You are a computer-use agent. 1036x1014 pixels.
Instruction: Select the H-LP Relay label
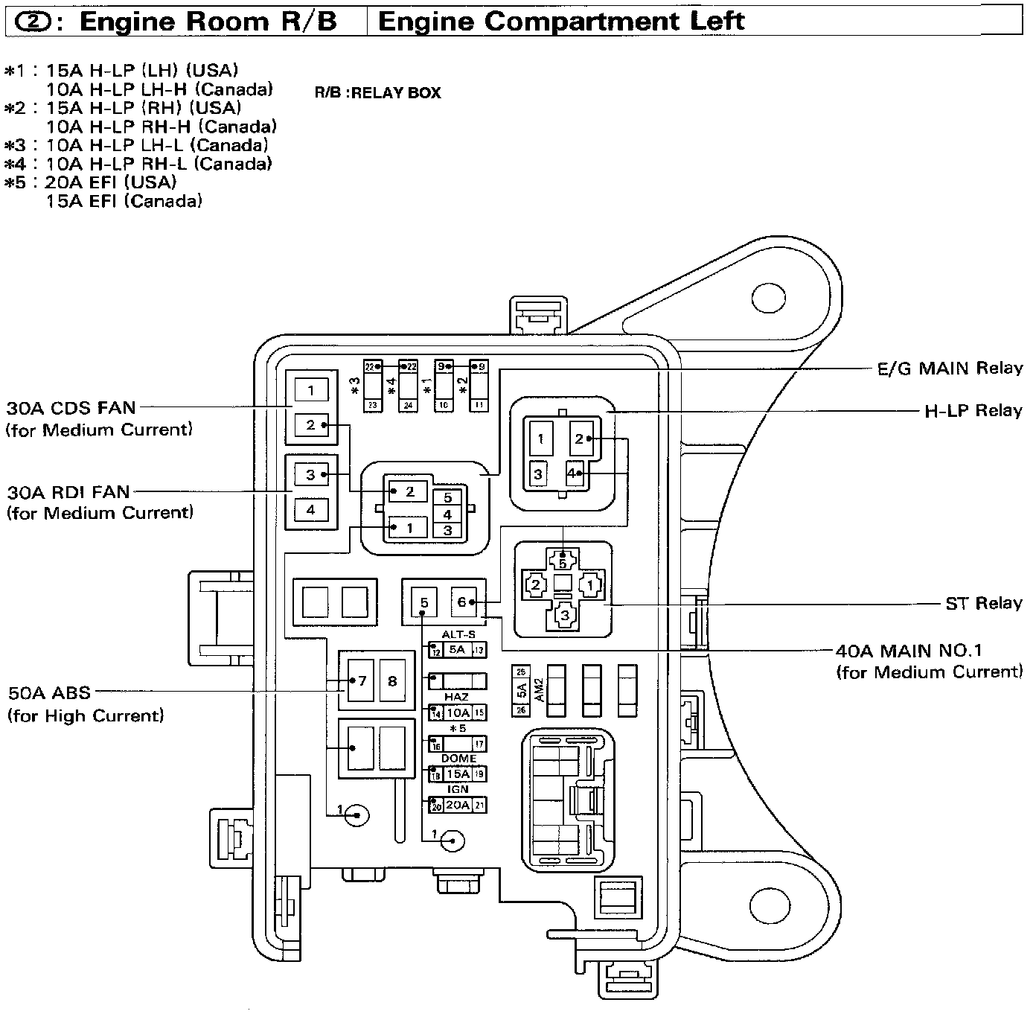coord(973,411)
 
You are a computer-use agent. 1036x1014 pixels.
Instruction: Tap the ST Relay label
coord(983,603)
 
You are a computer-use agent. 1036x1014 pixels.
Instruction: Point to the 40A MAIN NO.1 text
coord(908,651)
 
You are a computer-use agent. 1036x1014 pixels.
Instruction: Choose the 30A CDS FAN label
coord(71,408)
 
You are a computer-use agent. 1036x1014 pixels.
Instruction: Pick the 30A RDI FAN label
coord(68,492)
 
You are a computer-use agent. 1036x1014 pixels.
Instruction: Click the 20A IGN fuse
coord(458,806)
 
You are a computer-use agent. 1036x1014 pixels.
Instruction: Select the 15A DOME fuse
coord(458,774)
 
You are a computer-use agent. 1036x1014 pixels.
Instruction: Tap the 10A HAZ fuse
coord(458,713)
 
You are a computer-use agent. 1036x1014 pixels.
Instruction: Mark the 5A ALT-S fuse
coord(457,650)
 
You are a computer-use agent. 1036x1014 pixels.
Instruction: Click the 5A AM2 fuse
coord(522,692)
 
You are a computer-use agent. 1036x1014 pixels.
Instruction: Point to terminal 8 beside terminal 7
coord(392,680)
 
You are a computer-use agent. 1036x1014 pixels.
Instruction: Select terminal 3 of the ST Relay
coord(564,615)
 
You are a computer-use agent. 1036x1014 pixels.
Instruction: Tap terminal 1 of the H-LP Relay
coord(541,439)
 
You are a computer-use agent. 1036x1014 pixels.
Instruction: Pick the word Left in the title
coord(717,21)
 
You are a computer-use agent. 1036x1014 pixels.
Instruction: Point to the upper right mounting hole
coord(767,299)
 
